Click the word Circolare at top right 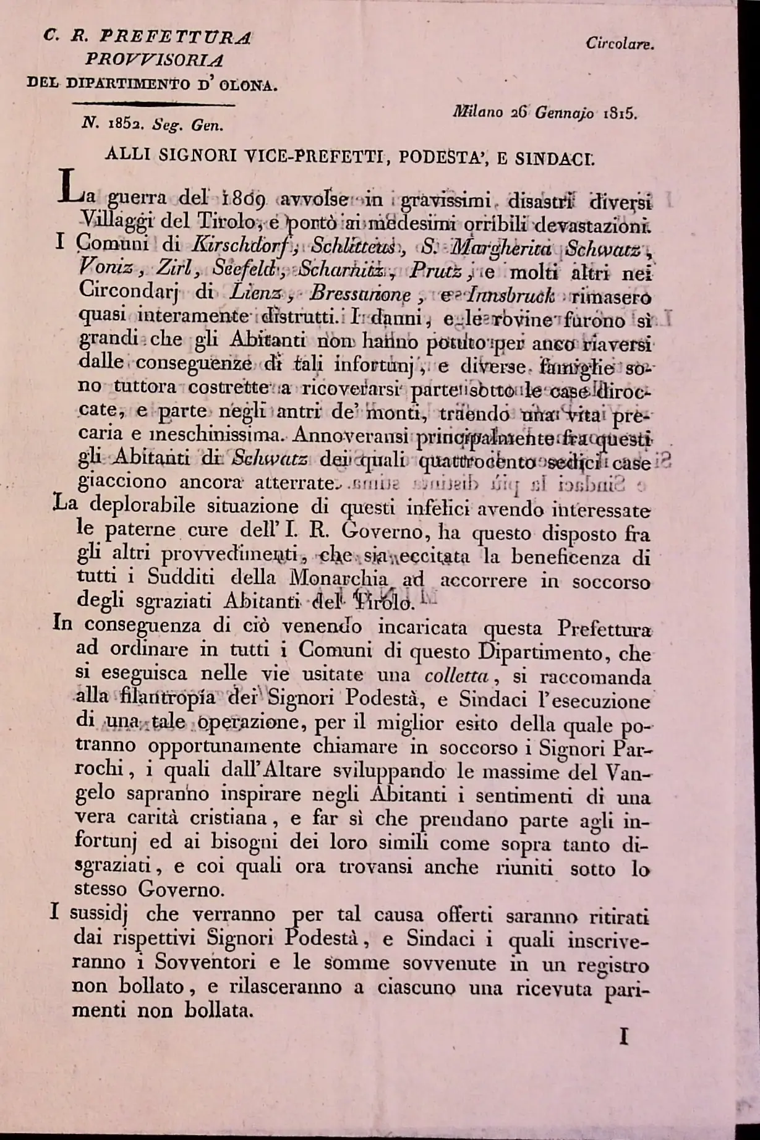[x=620, y=44]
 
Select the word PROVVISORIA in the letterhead [x=155, y=60]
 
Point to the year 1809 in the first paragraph [x=243, y=200]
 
